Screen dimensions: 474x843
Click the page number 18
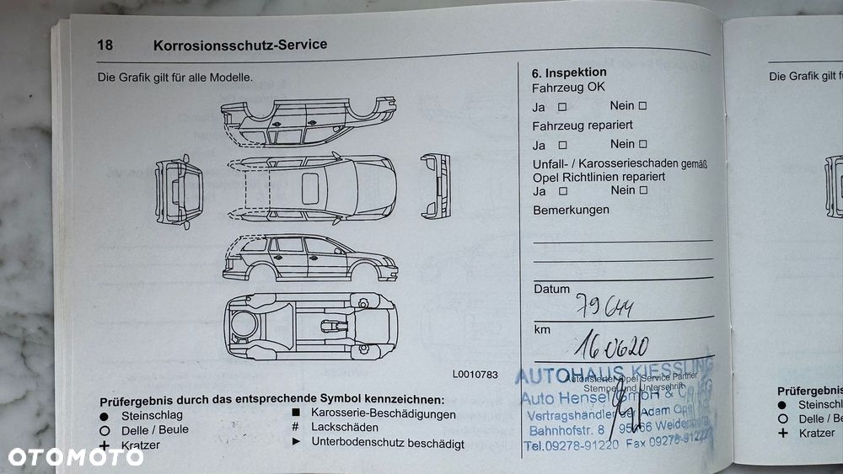click(105, 45)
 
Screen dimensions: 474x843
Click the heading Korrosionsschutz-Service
click(240, 45)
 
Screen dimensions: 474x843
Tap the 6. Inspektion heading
click(569, 72)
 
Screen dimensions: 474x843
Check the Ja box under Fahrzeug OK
click(561, 107)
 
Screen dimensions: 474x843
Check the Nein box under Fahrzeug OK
click(642, 106)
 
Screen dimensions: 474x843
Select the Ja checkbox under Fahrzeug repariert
click(561, 145)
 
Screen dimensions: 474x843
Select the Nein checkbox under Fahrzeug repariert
click(642, 144)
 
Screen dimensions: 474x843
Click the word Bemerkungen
click(571, 210)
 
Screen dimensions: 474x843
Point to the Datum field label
click(551, 289)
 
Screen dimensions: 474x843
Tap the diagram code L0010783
click(475, 375)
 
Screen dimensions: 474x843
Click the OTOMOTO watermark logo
click(76, 457)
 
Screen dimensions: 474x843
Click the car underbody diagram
click(309, 324)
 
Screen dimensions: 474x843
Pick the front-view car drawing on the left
click(179, 190)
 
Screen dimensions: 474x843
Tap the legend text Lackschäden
click(345, 428)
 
